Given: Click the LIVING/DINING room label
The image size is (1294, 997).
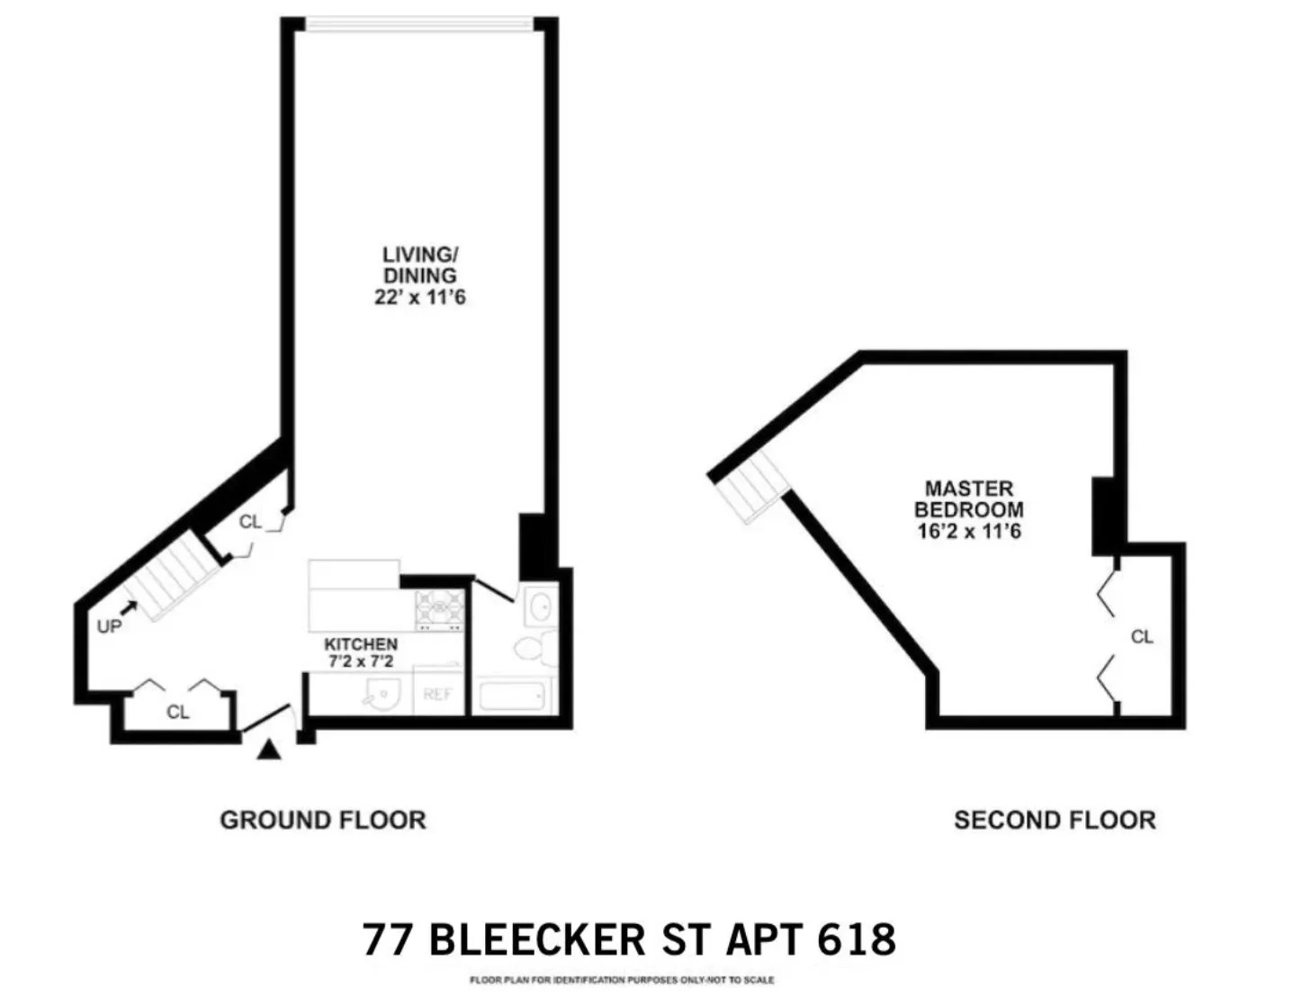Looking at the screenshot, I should pyautogui.click(x=419, y=265).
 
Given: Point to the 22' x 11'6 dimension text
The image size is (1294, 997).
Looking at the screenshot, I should pyautogui.click(x=419, y=297).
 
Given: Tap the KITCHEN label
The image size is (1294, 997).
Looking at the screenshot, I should pyautogui.click(x=360, y=644).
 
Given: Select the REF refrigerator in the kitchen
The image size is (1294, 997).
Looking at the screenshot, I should pyautogui.click(x=437, y=694).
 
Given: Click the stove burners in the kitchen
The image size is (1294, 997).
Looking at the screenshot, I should pyautogui.click(x=439, y=609).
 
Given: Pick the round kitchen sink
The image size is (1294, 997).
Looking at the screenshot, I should pyautogui.click(x=382, y=695).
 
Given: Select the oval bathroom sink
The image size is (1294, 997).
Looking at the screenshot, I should pyautogui.click(x=540, y=607).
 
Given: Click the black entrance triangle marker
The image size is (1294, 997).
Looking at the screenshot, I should pyautogui.click(x=268, y=750).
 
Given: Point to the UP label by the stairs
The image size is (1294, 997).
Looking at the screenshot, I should pyautogui.click(x=108, y=626).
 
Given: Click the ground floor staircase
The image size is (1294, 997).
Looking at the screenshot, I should pyautogui.click(x=175, y=576).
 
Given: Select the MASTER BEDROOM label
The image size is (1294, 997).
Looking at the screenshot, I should pyautogui.click(x=968, y=499).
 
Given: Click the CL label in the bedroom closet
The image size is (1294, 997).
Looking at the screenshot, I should pyautogui.click(x=1141, y=637).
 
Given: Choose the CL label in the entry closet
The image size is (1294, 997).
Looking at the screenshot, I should pyautogui.click(x=177, y=712).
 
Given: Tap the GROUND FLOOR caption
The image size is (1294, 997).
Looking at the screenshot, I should pyautogui.click(x=322, y=820).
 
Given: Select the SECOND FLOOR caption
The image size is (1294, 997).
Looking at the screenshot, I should pyautogui.click(x=1054, y=820).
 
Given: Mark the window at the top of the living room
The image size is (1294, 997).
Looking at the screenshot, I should pyautogui.click(x=419, y=23).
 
